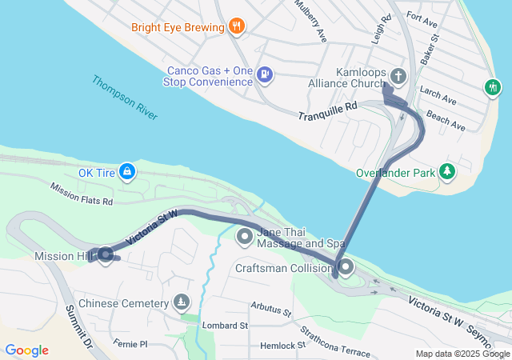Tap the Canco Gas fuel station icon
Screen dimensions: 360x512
(266, 76)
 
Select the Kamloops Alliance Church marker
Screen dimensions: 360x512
(398, 76)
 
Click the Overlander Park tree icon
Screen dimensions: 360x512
(448, 170)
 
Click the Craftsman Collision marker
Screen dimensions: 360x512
(346, 268)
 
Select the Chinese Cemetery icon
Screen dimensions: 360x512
(182, 303)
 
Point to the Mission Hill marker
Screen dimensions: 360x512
(105, 255)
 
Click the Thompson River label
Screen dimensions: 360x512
(123, 98)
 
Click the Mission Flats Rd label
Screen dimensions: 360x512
(81, 194)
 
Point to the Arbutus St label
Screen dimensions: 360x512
(270, 306)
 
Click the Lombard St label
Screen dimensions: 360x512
(225, 326)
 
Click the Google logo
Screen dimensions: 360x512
(26, 350)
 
